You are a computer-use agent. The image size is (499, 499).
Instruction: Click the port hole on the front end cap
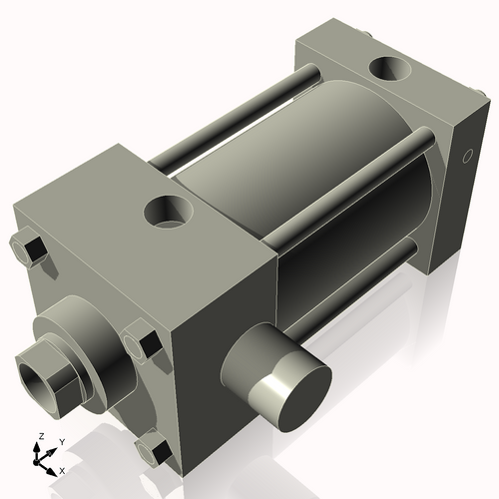[167, 211]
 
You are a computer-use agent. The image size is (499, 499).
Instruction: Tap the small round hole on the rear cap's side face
[466, 157]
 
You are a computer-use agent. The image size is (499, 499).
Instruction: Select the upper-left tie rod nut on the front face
[31, 248]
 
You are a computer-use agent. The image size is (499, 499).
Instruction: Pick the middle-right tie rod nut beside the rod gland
[143, 343]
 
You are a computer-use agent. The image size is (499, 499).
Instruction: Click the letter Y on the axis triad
[62, 441]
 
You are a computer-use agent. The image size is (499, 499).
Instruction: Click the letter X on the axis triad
[62, 469]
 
